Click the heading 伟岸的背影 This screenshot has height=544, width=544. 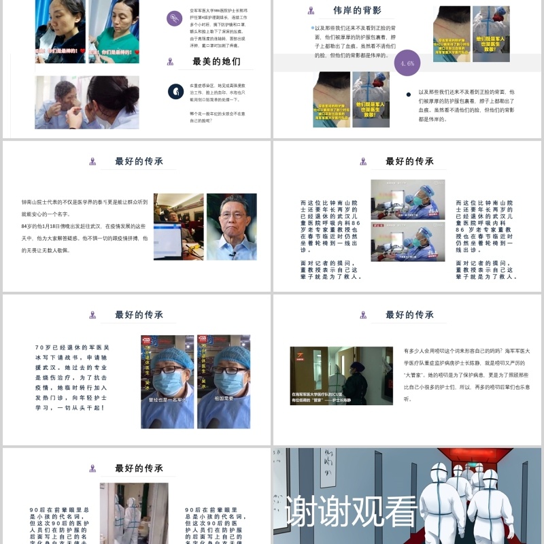[357, 10]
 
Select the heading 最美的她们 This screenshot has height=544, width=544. [216, 61]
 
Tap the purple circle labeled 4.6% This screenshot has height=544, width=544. [407, 63]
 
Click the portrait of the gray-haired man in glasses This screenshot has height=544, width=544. [231, 226]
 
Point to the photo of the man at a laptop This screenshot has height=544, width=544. [178, 226]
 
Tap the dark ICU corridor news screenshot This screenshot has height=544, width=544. [341, 375]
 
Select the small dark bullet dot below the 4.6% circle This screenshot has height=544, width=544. [408, 95]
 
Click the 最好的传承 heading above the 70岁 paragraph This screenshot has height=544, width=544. [139, 315]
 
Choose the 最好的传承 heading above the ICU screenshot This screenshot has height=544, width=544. [409, 315]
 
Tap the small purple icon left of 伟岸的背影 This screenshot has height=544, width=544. [311, 11]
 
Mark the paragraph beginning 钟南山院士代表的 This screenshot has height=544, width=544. [84, 226]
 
